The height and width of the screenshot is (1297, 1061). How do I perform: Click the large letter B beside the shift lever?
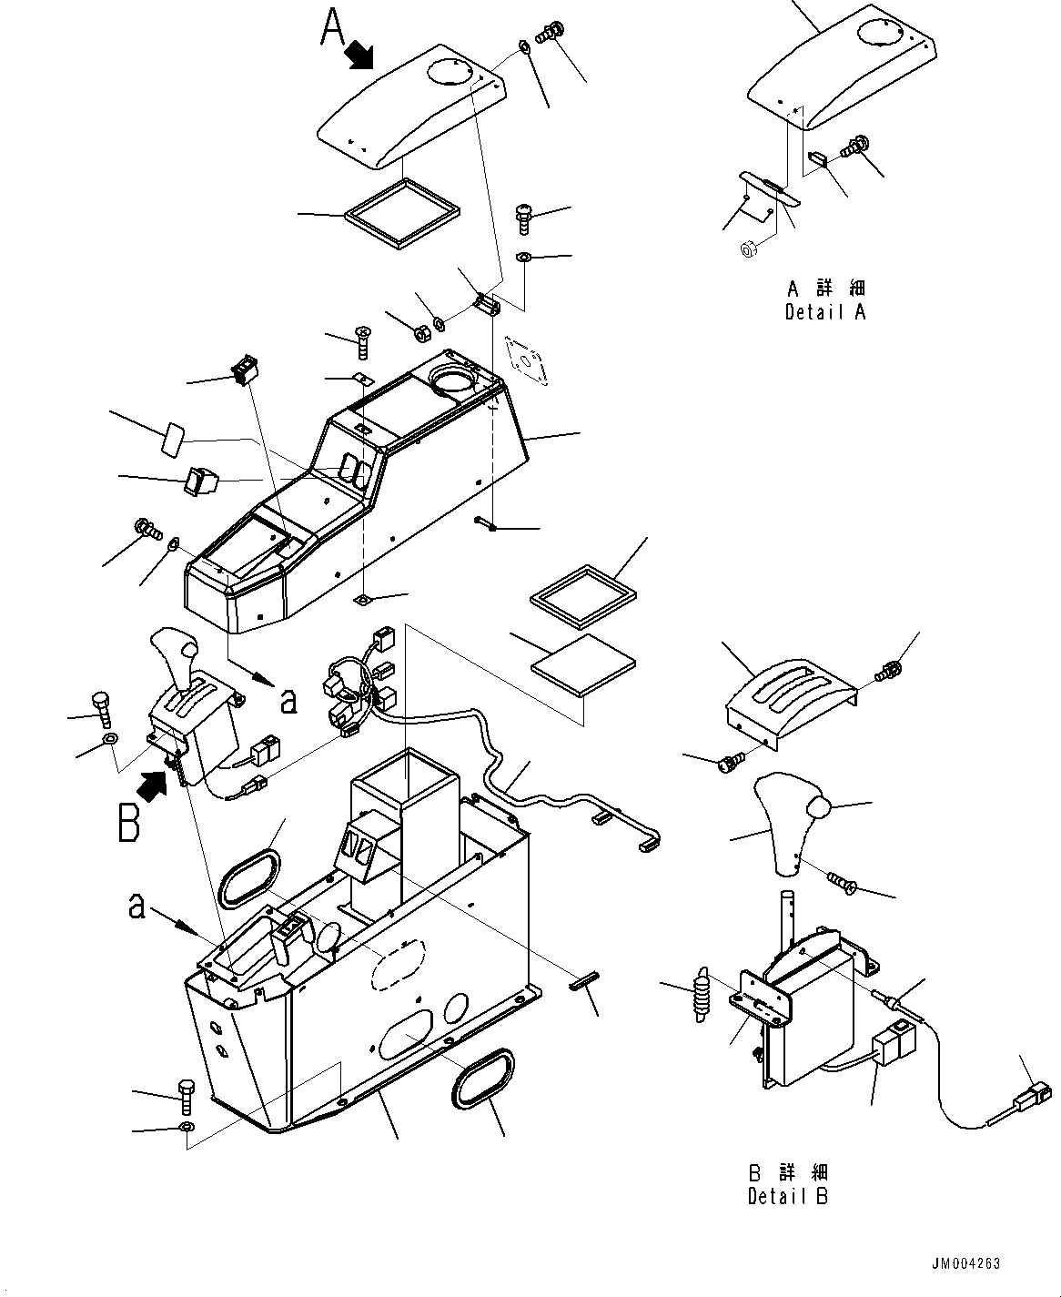click(129, 820)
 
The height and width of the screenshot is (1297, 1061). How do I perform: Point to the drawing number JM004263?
click(965, 1263)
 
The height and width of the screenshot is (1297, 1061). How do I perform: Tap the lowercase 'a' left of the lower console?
click(136, 907)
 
